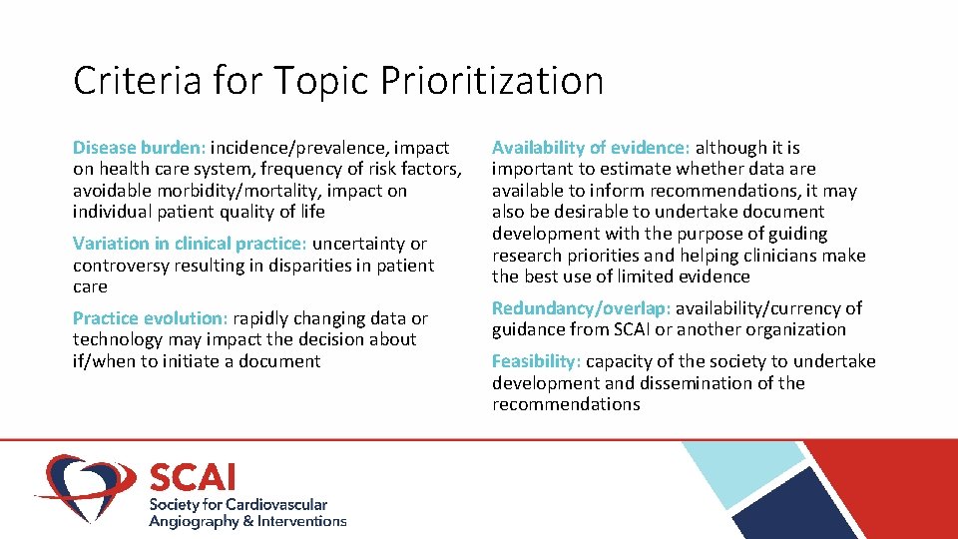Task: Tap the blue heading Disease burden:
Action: click(139, 148)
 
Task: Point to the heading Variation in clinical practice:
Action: click(190, 244)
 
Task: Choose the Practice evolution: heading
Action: click(151, 318)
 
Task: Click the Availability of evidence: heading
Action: click(591, 148)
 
